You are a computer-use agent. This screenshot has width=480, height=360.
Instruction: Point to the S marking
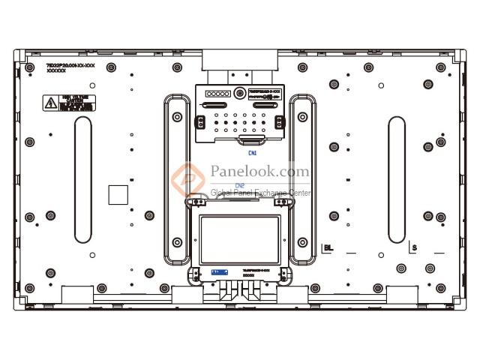413,246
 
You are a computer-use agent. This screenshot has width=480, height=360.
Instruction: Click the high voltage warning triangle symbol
49,103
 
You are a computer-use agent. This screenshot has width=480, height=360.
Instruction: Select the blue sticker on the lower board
219,272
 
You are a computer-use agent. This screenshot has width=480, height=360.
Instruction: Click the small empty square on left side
118,194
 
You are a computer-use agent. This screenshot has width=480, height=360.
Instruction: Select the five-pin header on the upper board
217,94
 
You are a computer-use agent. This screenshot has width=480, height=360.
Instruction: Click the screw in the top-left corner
29,67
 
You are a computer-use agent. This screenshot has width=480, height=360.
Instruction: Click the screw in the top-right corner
449,67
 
